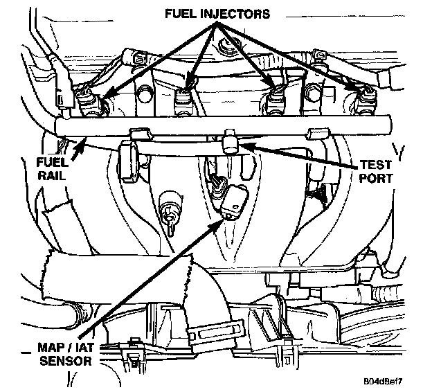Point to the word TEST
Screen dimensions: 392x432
pyautogui.click(x=376, y=166)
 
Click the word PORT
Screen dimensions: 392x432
pyautogui.click(x=376, y=179)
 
